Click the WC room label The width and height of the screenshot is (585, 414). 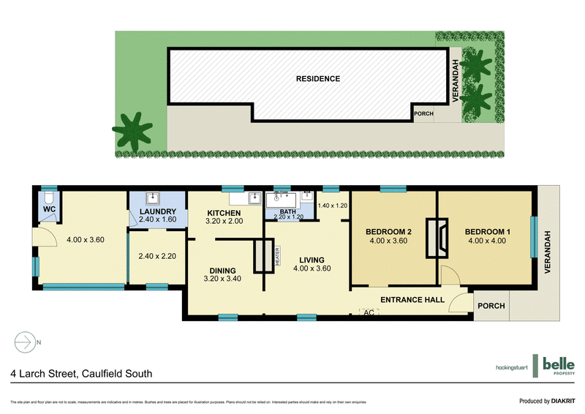48,210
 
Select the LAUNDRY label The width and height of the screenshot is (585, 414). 158,212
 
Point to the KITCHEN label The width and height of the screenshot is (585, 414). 224,213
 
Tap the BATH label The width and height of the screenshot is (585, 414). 287,211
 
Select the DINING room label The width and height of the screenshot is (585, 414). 222,268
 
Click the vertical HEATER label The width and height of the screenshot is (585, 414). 277,256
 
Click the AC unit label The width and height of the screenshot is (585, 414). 369,312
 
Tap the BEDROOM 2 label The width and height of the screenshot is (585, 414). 388,233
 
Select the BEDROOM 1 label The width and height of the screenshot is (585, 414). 488,233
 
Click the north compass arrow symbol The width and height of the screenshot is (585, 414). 24,342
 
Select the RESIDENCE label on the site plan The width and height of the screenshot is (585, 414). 317,78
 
